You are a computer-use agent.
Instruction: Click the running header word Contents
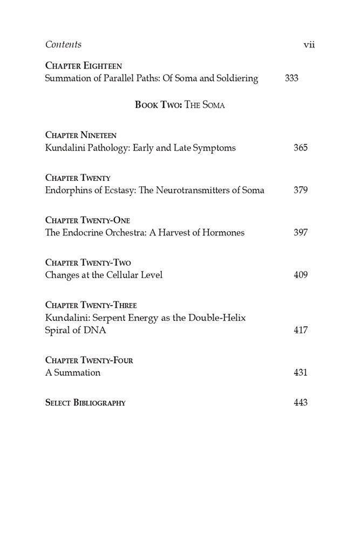pos(64,44)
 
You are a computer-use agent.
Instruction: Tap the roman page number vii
pos(309,44)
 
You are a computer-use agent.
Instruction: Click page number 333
pos(291,78)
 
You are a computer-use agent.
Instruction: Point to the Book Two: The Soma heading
pos(180,105)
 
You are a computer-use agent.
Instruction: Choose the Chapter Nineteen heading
pos(80,135)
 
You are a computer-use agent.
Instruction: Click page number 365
pos(301,148)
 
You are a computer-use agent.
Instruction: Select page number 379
pos(301,190)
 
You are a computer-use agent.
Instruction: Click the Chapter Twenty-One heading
pos(87,220)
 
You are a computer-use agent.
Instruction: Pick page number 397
pos(301,233)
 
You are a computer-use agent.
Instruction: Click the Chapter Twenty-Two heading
pos(88,262)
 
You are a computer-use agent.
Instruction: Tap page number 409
pos(301,275)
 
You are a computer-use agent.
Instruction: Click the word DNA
pos(94,330)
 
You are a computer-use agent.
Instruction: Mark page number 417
pos(301,330)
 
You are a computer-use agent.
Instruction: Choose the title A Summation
pos(73,373)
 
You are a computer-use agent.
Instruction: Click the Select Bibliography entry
pos(85,403)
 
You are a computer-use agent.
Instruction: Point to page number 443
pos(301,403)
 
